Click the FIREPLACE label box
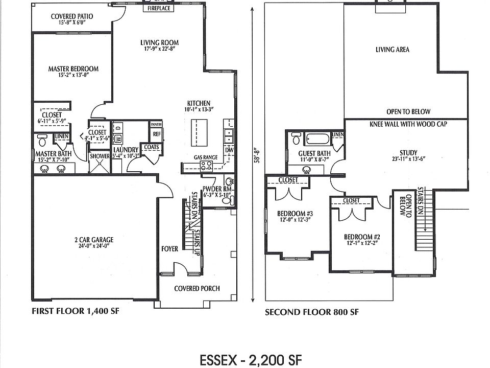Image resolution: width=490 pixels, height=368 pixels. [x=159, y=8]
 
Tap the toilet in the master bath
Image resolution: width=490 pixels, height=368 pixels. [x=42, y=140]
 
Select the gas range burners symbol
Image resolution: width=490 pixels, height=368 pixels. [x=206, y=166]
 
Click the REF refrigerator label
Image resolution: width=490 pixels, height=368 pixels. [x=157, y=134]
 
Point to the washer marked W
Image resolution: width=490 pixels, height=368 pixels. [x=118, y=138]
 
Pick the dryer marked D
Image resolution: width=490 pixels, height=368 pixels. [x=118, y=128]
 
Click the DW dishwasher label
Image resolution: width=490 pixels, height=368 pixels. [x=229, y=150]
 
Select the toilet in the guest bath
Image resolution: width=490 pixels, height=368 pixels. [x=296, y=138]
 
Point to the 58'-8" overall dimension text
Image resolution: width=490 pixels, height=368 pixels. [x=257, y=155]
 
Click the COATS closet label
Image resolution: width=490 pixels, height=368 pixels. [x=151, y=147]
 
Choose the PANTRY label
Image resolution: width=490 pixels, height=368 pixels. [x=156, y=124]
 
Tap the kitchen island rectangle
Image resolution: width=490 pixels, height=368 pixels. [x=199, y=132]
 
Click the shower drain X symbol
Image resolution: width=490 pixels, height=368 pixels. [x=100, y=163]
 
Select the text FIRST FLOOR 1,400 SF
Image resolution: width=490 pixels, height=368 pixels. [x=76, y=311]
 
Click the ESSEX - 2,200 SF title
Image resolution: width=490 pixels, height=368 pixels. [x=251, y=360]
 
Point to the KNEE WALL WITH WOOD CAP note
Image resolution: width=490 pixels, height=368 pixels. [x=408, y=124]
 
